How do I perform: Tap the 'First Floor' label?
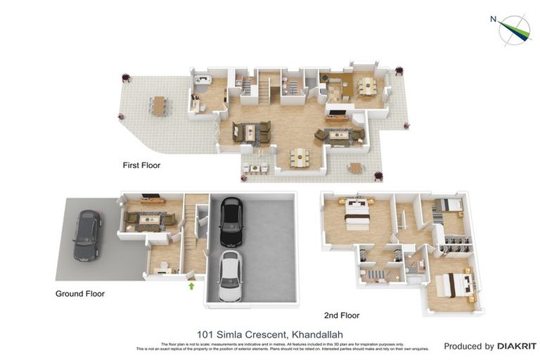pyautogui.click(x=142, y=166)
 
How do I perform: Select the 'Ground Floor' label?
pyautogui.click(x=80, y=294)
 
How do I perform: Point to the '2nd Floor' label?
pyautogui.click(x=342, y=316)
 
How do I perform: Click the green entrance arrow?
pyautogui.click(x=191, y=285)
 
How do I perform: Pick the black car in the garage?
pyautogui.click(x=231, y=221)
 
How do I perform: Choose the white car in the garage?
pyautogui.click(x=229, y=275)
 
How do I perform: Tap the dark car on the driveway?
pyautogui.click(x=86, y=235)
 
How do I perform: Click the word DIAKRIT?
pyautogui.click(x=517, y=346)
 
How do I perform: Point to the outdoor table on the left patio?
pyautogui.click(x=159, y=105)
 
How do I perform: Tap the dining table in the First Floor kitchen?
pyautogui.click(x=366, y=86)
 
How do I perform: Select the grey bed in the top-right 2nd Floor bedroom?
pyautogui.click(x=449, y=205)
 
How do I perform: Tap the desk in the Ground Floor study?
pyautogui.click(x=164, y=268)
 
